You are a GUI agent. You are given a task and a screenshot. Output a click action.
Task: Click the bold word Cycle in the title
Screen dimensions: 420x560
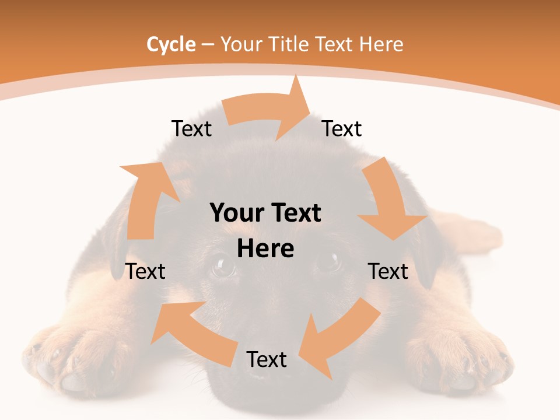[x=171, y=44]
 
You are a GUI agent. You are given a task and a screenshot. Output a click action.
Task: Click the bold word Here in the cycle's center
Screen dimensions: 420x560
[x=265, y=249]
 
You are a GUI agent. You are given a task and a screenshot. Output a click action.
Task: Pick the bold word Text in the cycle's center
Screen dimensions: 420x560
[x=295, y=213]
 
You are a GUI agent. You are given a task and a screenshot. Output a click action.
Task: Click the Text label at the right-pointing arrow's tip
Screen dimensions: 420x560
[x=342, y=128]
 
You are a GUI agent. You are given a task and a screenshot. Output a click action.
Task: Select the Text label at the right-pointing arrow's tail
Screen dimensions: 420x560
[x=191, y=128]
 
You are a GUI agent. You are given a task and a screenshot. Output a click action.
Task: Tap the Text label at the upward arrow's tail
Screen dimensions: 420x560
[x=145, y=271]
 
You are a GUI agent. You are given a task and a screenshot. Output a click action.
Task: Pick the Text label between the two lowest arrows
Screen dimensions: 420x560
[x=267, y=359]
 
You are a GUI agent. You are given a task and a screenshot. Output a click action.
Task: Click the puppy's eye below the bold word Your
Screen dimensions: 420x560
[x=222, y=267]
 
